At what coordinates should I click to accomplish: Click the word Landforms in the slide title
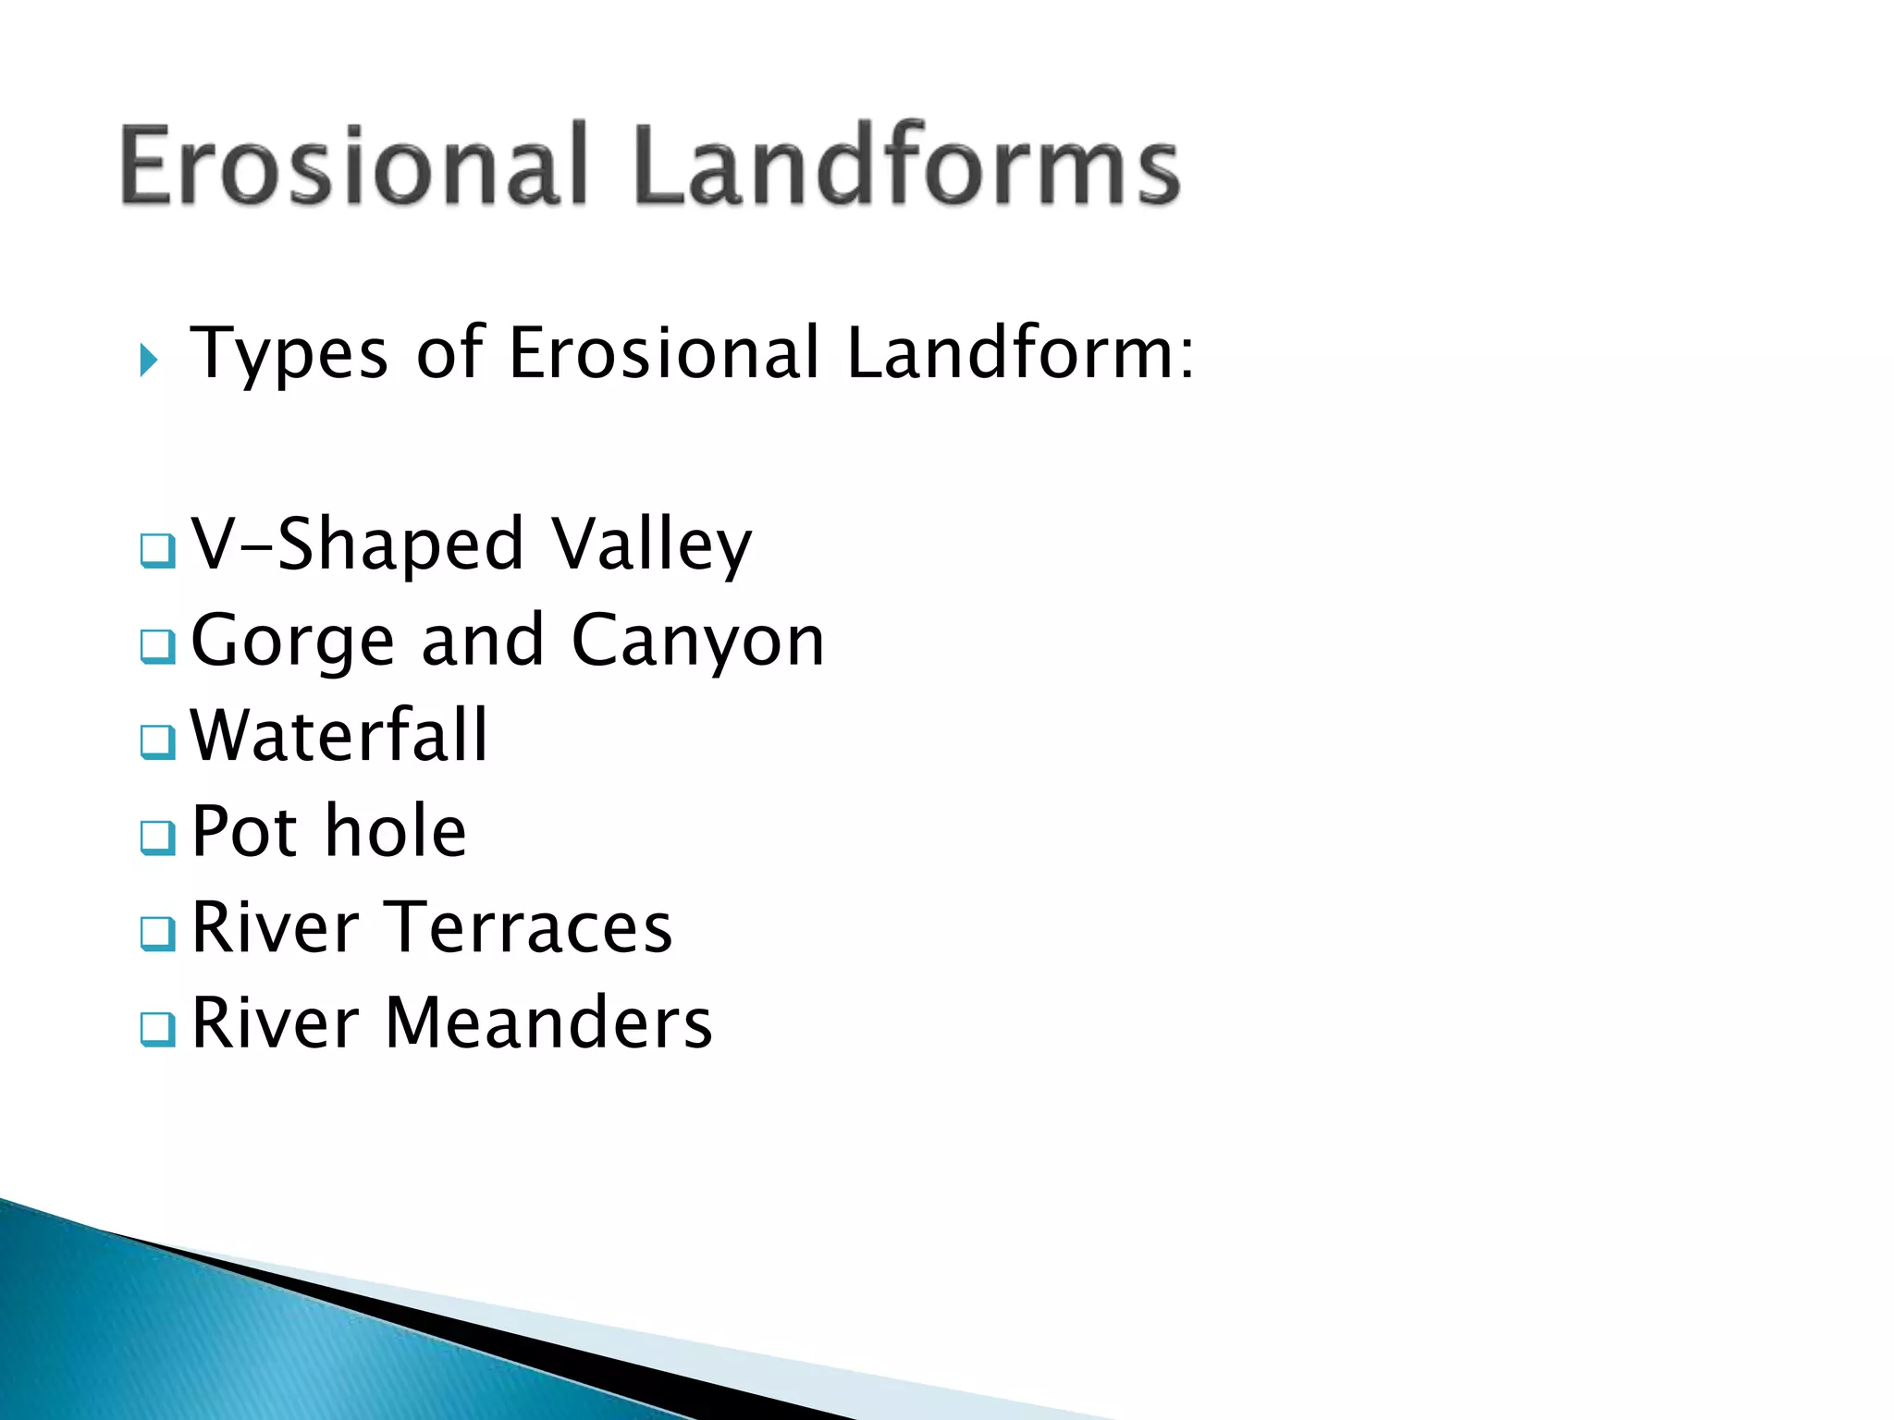tap(906, 166)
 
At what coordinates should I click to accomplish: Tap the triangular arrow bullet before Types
tap(149, 360)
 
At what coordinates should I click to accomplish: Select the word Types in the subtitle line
tap(289, 354)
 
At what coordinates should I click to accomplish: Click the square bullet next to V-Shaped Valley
tap(157, 551)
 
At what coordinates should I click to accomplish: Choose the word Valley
tap(651, 545)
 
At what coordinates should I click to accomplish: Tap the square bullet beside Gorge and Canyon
tap(157, 647)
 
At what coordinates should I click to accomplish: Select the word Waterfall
tap(338, 736)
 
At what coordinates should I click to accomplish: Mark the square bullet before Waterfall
tap(157, 742)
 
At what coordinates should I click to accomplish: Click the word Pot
tap(244, 832)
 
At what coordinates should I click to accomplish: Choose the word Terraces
tap(528, 928)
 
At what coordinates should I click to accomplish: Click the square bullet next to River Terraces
tap(157, 934)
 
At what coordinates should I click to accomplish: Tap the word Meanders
tap(548, 1024)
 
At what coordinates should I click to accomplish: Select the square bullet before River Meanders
tap(157, 1030)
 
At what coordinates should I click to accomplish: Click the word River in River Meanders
tap(275, 1024)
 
